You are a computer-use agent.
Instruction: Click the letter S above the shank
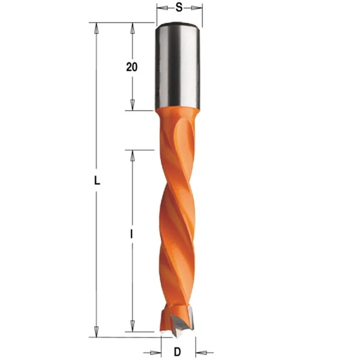(x=179, y=8)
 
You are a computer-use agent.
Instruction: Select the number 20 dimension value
(x=131, y=67)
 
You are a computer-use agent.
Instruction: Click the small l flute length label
(x=131, y=234)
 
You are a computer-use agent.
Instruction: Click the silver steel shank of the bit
(x=178, y=69)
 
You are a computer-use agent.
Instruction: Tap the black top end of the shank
(x=178, y=26)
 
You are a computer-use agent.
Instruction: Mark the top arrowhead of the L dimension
(x=96, y=27)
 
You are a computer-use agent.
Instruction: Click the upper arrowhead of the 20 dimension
(x=131, y=27)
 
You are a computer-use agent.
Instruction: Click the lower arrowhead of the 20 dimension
(x=131, y=106)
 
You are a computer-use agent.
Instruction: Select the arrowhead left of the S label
(x=160, y=8)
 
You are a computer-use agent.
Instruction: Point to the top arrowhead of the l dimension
(x=131, y=155)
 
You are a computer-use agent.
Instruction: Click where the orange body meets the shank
(x=178, y=111)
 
